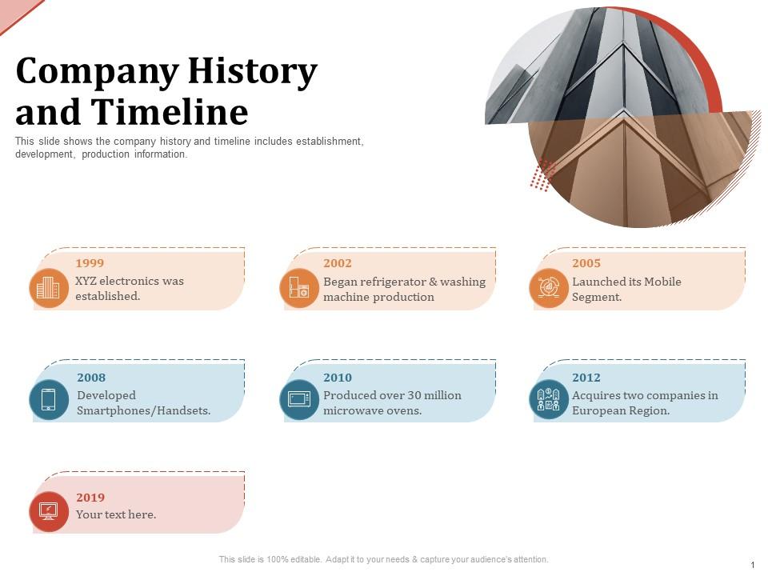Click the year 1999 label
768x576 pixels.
[90, 263]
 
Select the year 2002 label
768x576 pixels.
[338, 263]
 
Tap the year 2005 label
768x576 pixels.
[586, 263]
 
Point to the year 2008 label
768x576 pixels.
[91, 378]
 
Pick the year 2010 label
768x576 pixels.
[338, 378]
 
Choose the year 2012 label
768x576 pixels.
[586, 378]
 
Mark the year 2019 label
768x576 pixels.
[90, 498]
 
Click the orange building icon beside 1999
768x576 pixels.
[49, 288]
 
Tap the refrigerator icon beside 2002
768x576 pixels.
[299, 288]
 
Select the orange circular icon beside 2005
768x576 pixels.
[549, 288]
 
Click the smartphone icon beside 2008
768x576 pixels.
[49, 400]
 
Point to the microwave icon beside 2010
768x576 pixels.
[299, 400]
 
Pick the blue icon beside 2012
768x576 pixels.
[549, 400]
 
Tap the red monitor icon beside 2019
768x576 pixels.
[49, 511]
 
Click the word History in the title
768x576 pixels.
[252, 72]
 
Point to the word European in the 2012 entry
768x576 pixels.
[600, 411]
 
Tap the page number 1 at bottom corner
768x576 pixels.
[753, 565]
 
